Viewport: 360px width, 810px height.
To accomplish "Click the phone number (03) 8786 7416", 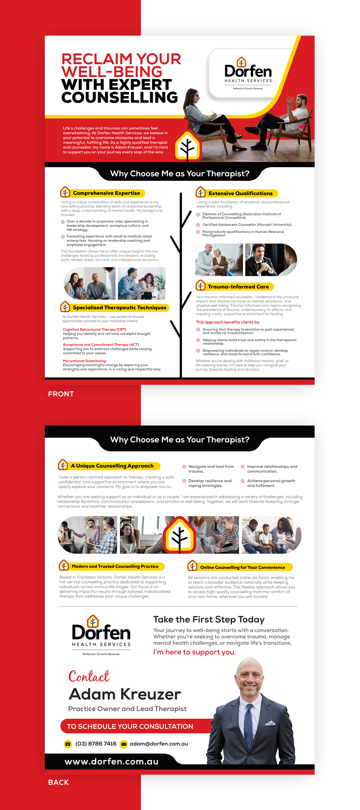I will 96,744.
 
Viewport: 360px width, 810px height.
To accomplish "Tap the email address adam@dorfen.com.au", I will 159,744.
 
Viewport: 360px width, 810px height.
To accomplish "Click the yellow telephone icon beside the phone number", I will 68,744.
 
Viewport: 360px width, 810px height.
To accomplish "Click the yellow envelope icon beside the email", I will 124,744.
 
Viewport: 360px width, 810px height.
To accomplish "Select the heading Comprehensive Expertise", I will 106,193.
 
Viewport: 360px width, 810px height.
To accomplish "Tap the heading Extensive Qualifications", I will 240,193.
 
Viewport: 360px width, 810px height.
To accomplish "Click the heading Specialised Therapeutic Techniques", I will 120,307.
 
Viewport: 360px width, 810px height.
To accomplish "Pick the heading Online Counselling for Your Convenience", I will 242,567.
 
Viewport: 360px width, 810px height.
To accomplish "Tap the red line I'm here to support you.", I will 194,652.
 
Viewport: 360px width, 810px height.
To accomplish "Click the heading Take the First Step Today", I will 209,619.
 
